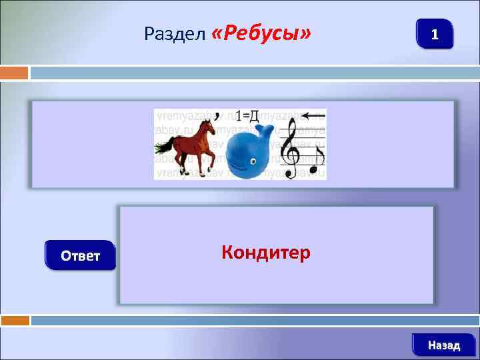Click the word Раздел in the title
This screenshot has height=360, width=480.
click(x=175, y=34)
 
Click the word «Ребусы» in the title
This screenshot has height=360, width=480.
click(x=261, y=33)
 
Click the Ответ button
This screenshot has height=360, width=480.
click(x=81, y=255)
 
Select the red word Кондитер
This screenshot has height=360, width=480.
click(x=265, y=253)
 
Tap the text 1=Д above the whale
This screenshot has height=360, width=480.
click(x=247, y=115)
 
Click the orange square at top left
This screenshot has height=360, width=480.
click(x=14, y=72)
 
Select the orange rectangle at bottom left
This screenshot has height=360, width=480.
click(x=15, y=321)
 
